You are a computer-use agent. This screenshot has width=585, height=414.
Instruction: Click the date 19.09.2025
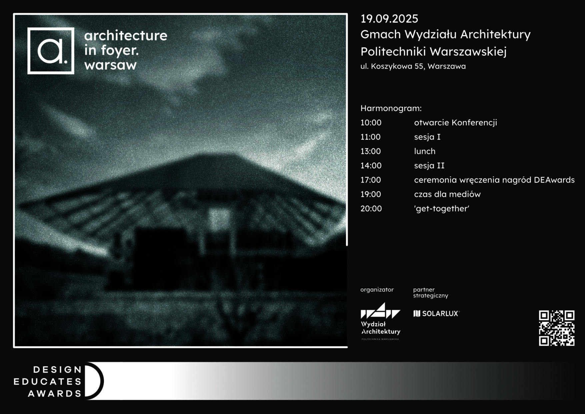tap(389, 19)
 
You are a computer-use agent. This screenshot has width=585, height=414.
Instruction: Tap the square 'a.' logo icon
tap(51, 51)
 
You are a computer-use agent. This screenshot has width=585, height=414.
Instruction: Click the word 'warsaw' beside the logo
tap(111, 65)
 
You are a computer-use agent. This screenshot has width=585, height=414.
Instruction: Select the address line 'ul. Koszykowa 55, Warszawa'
tap(413, 66)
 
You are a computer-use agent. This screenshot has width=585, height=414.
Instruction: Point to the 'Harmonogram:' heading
tap(391, 108)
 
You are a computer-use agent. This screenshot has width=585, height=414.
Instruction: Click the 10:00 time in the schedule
tap(371, 123)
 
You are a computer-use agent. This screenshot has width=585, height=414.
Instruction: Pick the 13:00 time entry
tap(371, 151)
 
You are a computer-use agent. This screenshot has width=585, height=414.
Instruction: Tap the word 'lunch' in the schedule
tap(425, 151)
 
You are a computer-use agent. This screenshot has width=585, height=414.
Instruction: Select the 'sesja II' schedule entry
tap(429, 166)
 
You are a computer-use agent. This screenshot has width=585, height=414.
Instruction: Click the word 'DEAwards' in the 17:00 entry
tap(554, 180)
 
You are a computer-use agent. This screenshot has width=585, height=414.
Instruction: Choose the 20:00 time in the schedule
tap(371, 209)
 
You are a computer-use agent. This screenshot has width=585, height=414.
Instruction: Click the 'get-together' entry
tap(442, 209)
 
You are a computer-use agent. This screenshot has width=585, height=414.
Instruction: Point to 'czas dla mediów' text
tap(447, 194)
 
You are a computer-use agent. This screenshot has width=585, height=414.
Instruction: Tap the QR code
tap(557, 328)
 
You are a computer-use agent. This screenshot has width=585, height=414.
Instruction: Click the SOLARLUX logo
tap(436, 314)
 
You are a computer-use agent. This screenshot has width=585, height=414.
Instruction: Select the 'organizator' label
tap(377, 290)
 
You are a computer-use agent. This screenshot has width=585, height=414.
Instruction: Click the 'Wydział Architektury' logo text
tap(381, 328)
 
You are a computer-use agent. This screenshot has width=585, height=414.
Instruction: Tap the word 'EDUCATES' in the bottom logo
tap(48, 381)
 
